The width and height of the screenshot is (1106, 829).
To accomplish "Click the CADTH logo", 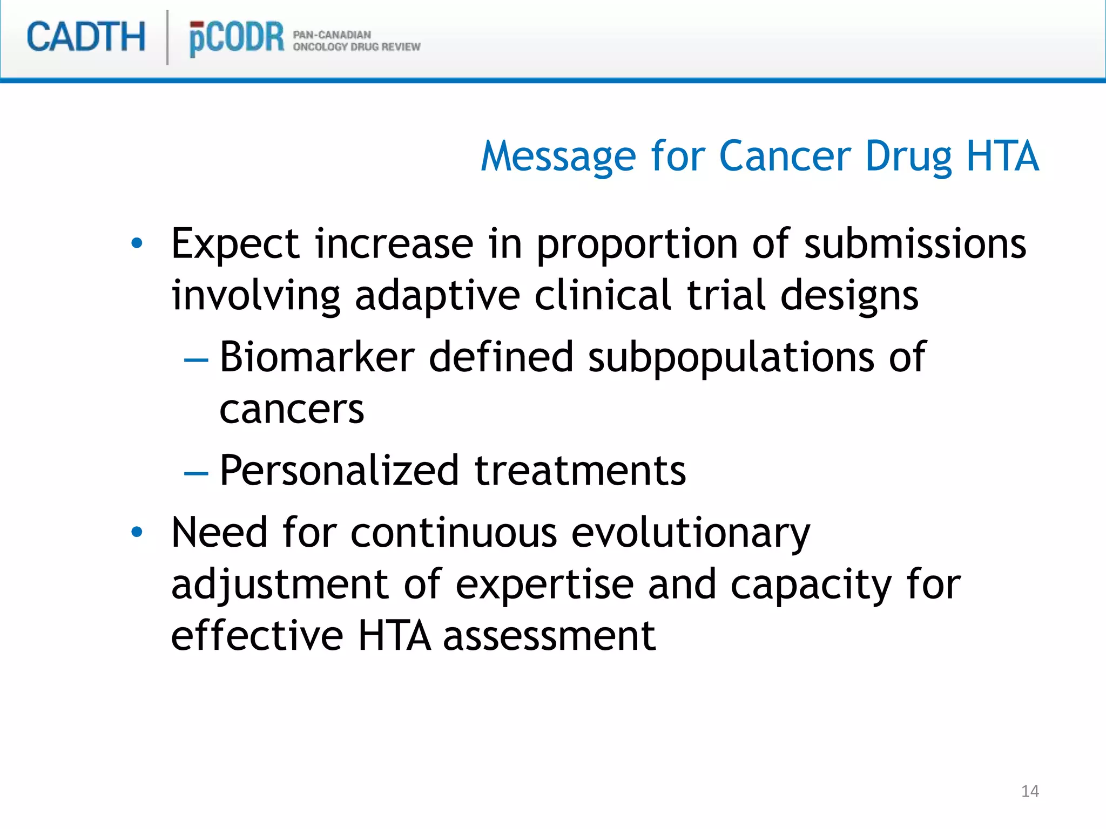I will tap(86, 37).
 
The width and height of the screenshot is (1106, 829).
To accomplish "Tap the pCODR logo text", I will tap(236, 38).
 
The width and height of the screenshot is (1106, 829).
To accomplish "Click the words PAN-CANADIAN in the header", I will tap(332, 35).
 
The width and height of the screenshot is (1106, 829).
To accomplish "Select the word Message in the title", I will tap(558, 157).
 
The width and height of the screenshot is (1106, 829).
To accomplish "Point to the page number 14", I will tap(1030, 791).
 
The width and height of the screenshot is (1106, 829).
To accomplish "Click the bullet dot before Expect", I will tap(137, 243).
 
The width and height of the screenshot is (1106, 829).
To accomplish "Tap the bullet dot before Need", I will tap(137, 532).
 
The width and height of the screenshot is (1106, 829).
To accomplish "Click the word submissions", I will tap(915, 244).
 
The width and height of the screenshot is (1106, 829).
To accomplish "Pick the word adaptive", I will tap(437, 296).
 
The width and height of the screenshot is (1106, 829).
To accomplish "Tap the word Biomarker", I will tap(317, 357).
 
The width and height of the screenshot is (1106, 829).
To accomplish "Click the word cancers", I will tap(292, 410).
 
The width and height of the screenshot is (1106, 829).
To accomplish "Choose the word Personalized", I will tap(340, 471).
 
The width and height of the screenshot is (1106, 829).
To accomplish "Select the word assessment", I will tap(549, 636).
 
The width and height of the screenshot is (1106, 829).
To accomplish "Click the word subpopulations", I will tap(731, 357).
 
